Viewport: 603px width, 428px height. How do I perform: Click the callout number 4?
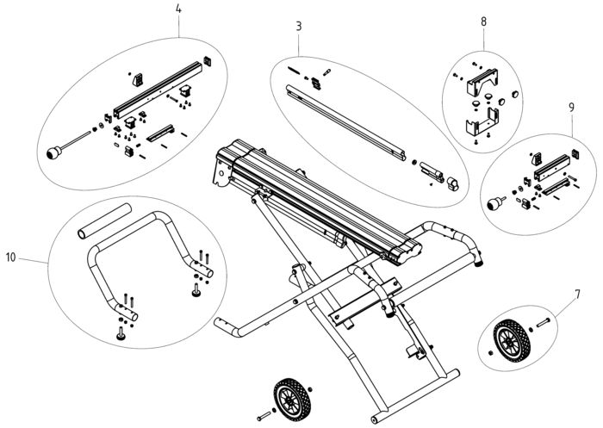point(178,9)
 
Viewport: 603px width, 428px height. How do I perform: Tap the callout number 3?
point(299,27)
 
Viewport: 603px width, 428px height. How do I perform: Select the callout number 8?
point(483,22)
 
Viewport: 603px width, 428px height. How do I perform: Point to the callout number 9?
point(571,108)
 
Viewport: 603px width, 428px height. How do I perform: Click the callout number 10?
point(11,257)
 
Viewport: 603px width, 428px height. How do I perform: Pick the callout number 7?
point(577,295)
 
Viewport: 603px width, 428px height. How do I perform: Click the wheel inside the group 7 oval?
point(512,341)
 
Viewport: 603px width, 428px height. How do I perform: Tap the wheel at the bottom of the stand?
point(292,400)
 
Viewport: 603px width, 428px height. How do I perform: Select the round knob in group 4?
point(54,153)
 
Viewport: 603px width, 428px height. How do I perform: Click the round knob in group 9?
point(494,204)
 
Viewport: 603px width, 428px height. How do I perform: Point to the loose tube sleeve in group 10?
point(104,221)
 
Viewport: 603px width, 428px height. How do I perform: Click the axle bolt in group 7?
point(543,323)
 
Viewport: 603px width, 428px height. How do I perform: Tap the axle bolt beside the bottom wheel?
point(264,416)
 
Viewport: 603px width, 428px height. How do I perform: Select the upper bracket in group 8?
point(482,82)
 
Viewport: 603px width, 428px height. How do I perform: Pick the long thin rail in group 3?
point(345,122)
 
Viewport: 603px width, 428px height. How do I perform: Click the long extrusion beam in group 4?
point(158,90)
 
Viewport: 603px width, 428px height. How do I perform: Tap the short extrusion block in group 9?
point(552,167)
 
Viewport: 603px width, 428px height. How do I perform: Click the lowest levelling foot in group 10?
point(121,334)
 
